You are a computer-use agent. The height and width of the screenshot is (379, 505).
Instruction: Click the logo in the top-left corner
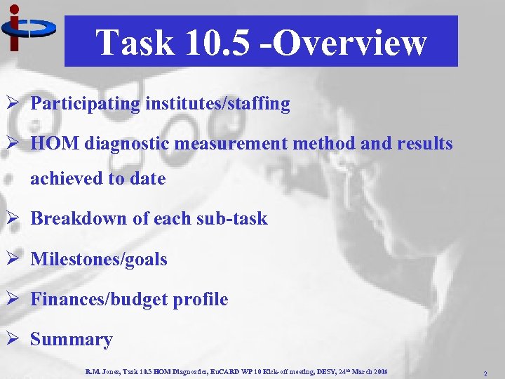[27, 27]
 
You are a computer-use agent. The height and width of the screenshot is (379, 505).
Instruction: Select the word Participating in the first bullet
[86, 104]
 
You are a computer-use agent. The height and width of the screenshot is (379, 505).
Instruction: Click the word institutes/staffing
[217, 104]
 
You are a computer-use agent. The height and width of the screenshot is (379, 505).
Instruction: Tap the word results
[424, 144]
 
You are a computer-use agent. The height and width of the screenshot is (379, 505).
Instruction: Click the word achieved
[66, 178]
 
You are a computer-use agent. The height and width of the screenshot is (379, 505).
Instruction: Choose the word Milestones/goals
[99, 259]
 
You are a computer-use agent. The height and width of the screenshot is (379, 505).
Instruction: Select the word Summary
[71, 340]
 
